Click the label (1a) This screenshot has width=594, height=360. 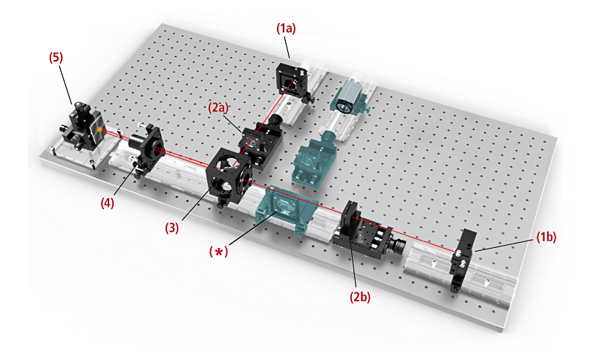286,28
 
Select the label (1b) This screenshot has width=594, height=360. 546,237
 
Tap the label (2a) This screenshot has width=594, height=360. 218,108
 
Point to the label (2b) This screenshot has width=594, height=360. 360,297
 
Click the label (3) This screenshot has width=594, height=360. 172,228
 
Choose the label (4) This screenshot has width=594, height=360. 107,203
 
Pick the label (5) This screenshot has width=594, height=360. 56,58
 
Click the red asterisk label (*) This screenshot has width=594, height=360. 219,252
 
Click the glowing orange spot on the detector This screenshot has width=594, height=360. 99,130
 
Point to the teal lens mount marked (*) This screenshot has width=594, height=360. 284,209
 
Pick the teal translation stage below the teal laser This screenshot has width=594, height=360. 310,163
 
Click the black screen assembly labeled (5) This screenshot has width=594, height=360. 82,127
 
